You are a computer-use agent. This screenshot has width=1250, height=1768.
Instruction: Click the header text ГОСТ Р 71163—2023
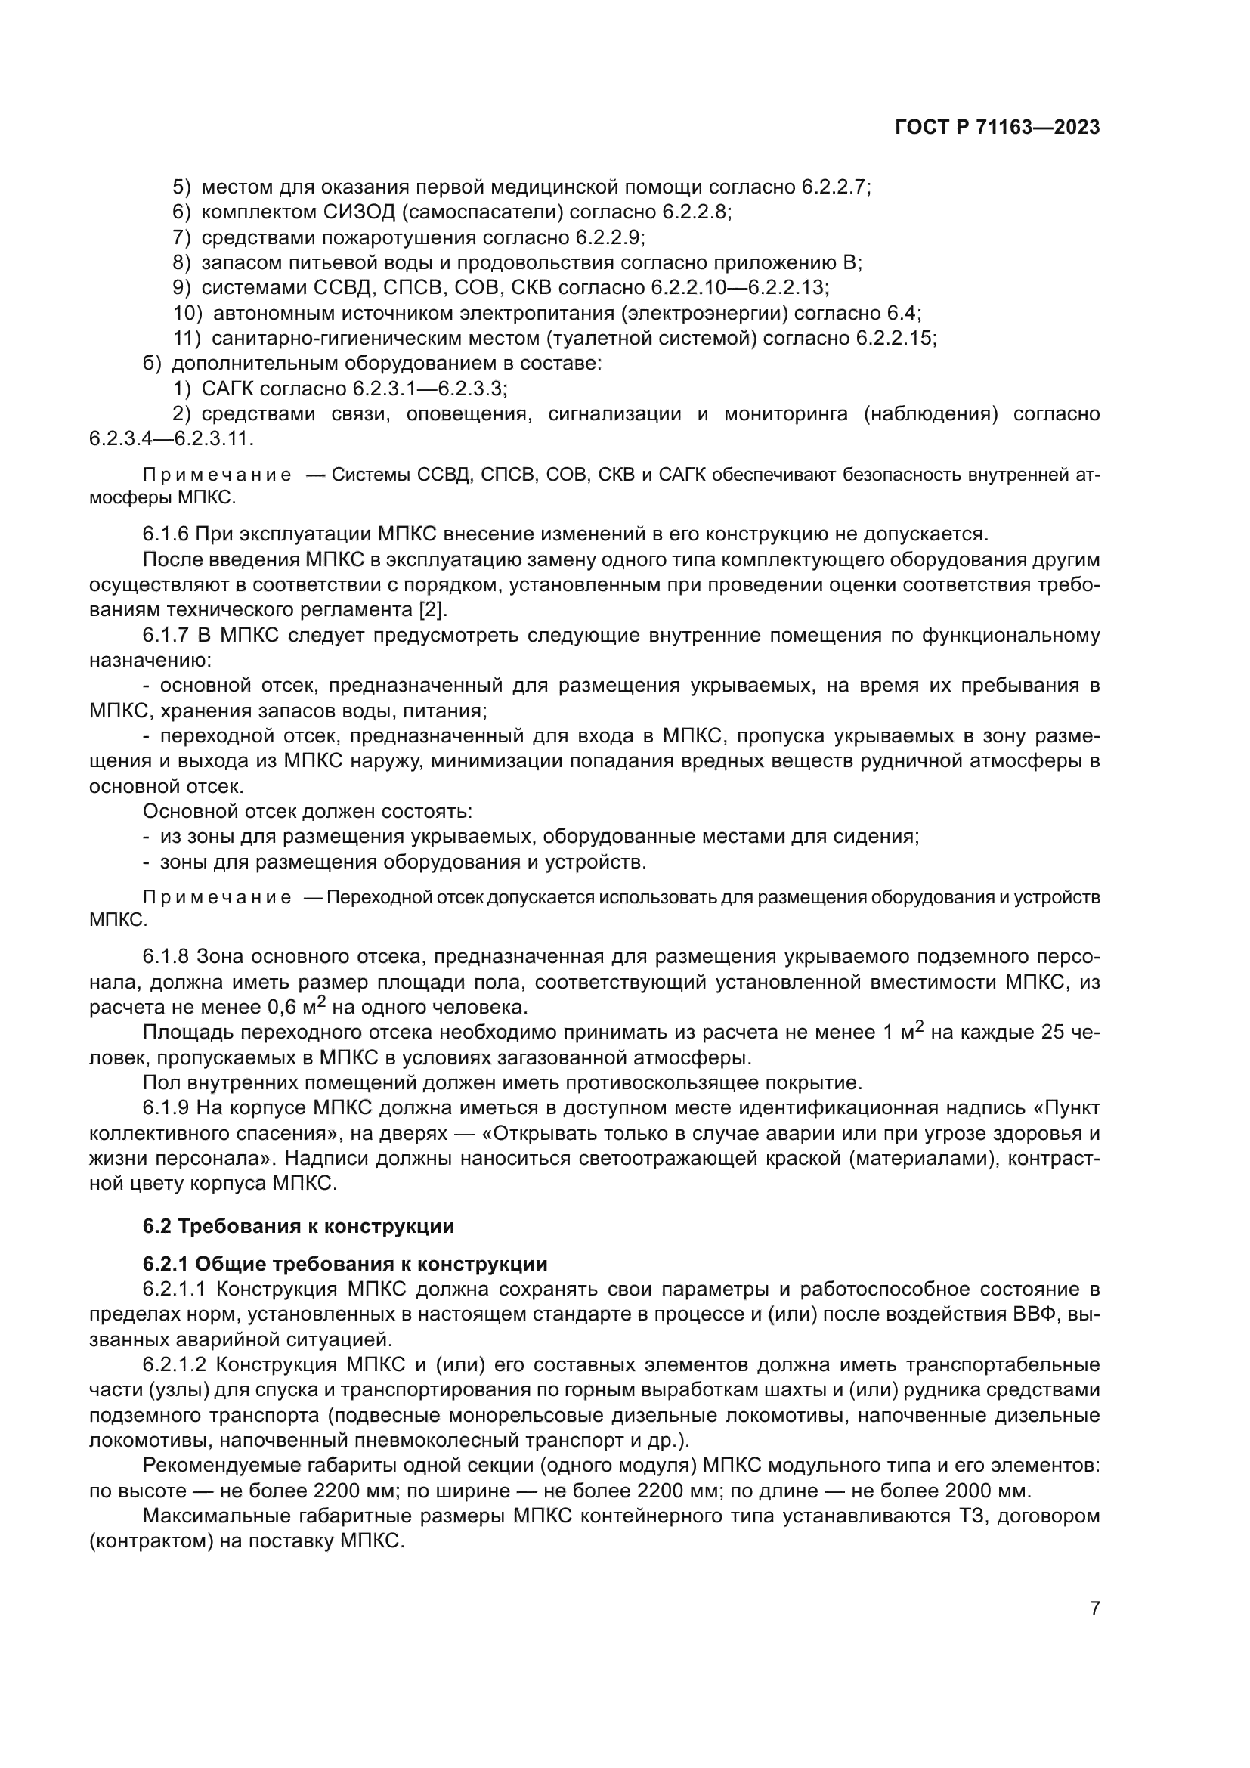point(997,128)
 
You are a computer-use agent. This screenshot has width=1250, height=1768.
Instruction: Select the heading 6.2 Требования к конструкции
point(298,1226)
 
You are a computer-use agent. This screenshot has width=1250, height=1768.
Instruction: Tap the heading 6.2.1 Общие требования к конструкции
point(345,1264)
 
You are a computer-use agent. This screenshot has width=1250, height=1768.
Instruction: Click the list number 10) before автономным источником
point(188,314)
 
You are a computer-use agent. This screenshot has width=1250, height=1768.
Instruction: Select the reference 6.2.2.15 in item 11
point(893,339)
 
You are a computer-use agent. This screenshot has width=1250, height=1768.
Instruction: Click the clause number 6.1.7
point(166,636)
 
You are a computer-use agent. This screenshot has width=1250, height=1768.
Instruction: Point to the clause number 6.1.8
point(166,957)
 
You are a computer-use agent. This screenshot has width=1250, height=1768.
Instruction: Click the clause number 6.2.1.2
point(175,1364)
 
